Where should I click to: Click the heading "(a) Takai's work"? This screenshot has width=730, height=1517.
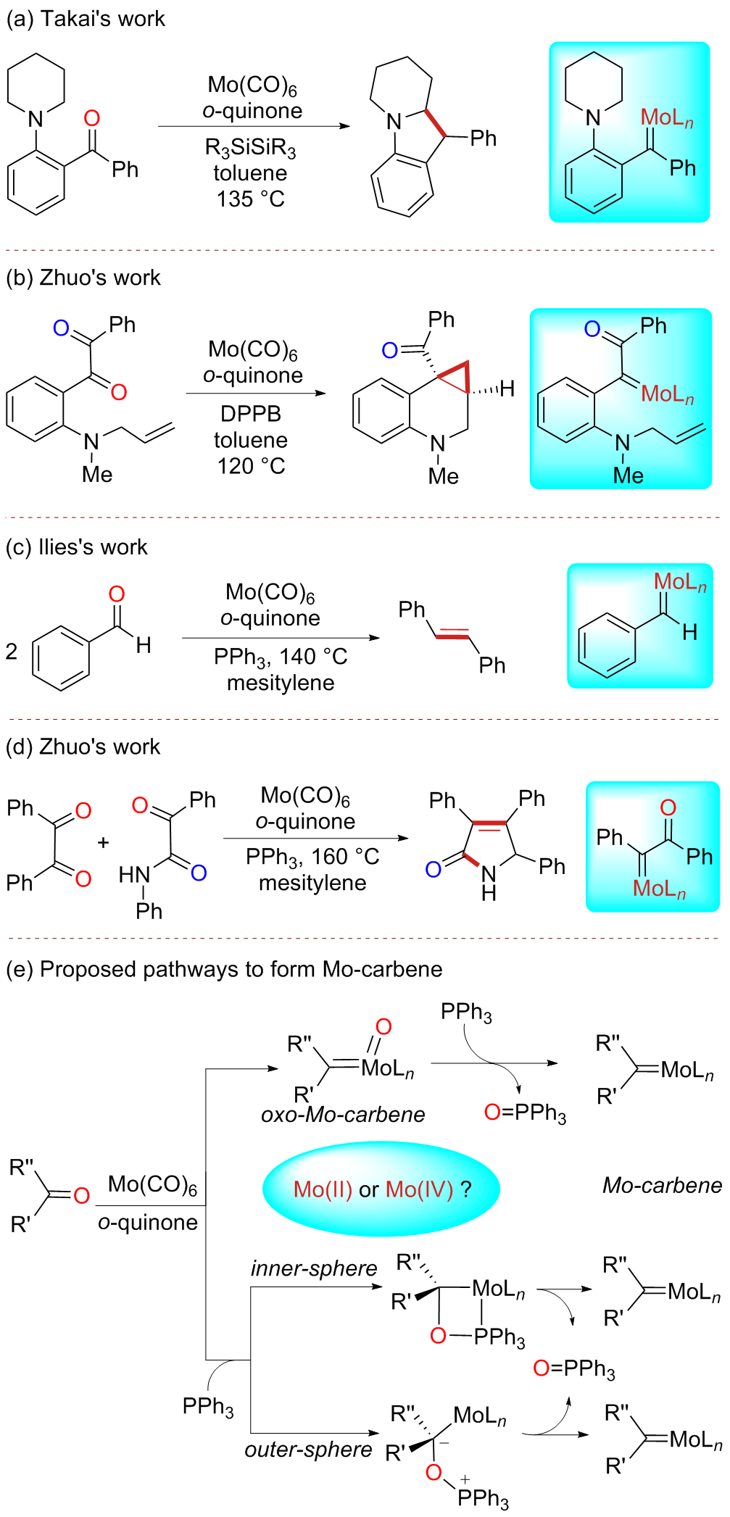(86, 19)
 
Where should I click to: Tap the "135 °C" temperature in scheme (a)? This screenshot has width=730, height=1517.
(250, 199)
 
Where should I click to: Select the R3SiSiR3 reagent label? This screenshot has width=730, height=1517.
(250, 149)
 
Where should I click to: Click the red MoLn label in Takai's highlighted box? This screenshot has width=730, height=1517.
(666, 117)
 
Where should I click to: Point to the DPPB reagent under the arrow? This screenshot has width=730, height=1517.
(250, 414)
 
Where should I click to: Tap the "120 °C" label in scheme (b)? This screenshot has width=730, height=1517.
(251, 466)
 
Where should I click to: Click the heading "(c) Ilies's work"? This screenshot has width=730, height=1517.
(77, 547)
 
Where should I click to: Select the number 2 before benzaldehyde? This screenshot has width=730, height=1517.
(12, 651)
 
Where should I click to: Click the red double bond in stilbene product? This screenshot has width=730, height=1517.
(453, 635)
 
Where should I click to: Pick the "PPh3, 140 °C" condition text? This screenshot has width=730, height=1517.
(281, 657)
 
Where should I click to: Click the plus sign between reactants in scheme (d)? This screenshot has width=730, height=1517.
(104, 842)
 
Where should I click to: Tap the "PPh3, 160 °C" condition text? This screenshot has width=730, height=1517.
(312, 857)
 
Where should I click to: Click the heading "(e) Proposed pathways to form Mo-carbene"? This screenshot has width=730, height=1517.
(224, 969)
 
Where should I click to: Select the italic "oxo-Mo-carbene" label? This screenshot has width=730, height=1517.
(343, 1114)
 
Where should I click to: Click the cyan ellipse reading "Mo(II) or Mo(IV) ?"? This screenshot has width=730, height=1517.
(381, 1189)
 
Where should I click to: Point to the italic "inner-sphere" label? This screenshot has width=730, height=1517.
(314, 1268)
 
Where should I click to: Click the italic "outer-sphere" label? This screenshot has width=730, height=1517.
(308, 1450)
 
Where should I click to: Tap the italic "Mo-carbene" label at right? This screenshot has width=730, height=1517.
(662, 1185)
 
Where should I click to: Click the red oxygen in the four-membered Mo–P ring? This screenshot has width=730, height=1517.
(438, 1335)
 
